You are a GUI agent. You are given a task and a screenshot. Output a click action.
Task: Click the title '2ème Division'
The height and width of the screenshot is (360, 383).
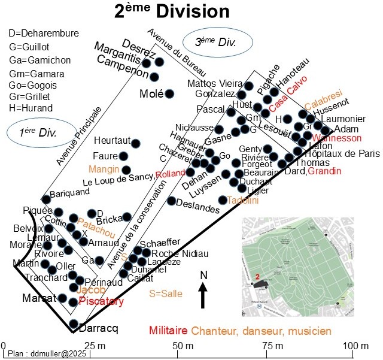coord(172,11)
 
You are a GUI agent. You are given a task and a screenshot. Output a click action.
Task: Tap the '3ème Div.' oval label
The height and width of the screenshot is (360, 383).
coord(215,42)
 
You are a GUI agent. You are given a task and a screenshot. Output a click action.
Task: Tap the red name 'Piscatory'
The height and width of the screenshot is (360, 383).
coord(101,301)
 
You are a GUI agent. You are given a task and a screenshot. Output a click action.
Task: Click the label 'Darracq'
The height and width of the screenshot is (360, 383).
coord(99,328)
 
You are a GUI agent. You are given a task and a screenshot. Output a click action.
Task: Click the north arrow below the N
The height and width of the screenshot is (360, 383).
coord(203,295)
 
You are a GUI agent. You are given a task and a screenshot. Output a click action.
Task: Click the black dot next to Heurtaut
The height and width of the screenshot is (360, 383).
coord(136,143)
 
